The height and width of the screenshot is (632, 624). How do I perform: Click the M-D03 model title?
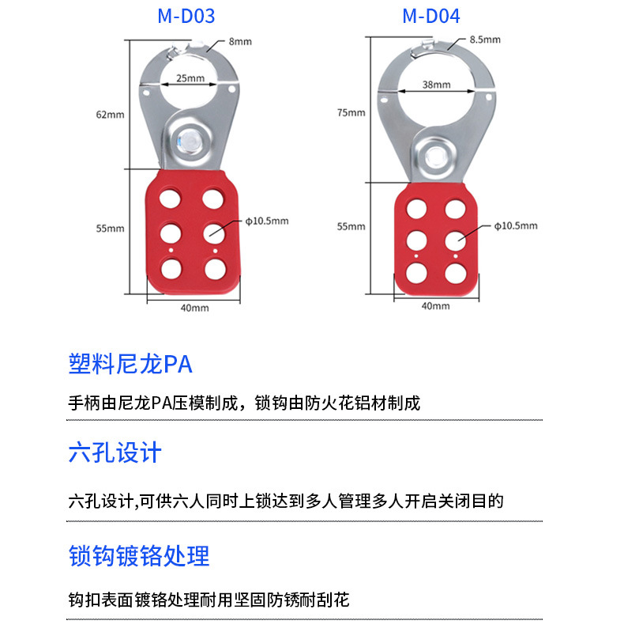pyautogui.click(x=186, y=16)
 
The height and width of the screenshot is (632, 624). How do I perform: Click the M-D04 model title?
pyautogui.click(x=430, y=16)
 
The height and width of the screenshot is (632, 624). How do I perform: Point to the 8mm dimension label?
pyautogui.click(x=239, y=40)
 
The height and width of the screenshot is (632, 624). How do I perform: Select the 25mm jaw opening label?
pyautogui.click(x=190, y=78)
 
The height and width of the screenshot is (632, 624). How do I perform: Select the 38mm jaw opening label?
pyautogui.click(x=437, y=85)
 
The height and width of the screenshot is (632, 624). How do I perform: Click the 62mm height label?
pyautogui.click(x=111, y=114)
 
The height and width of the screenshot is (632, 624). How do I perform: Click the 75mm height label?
pyautogui.click(x=351, y=112)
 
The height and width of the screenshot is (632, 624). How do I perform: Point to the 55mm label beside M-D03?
pyautogui.click(x=111, y=228)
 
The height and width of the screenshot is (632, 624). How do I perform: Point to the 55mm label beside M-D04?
pyautogui.click(x=351, y=226)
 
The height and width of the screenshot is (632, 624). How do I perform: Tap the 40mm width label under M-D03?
pyautogui.click(x=194, y=308)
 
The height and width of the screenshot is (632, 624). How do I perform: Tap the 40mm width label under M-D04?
pyautogui.click(x=435, y=305)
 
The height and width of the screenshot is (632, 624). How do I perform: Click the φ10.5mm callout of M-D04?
pyautogui.click(x=516, y=225)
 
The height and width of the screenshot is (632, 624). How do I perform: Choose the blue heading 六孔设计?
pyautogui.click(x=115, y=453)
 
